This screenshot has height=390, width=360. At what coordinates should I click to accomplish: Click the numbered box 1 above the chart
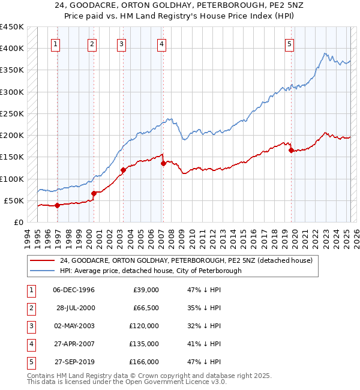(x=55, y=43)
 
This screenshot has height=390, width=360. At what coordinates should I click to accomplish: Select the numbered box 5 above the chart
(x=289, y=43)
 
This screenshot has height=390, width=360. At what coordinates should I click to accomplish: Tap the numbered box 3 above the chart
(x=121, y=43)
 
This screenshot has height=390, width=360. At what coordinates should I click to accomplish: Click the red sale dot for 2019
(x=291, y=151)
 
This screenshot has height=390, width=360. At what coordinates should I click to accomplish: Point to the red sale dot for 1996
(x=58, y=205)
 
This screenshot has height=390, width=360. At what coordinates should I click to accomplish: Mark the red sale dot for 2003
(x=123, y=170)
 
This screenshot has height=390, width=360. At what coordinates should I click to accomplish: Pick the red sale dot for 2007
(x=163, y=163)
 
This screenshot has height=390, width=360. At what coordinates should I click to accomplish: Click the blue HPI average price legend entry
(x=150, y=271)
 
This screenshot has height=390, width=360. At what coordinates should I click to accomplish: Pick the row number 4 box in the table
(x=31, y=344)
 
